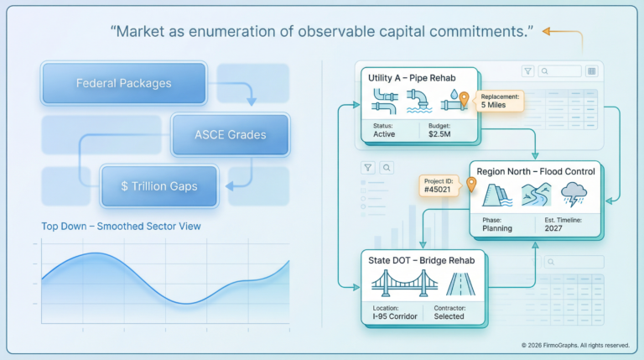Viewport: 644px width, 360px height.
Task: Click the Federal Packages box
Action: [x=123, y=83]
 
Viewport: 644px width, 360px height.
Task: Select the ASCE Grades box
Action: [x=230, y=135]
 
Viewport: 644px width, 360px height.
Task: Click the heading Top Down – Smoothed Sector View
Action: [x=122, y=226]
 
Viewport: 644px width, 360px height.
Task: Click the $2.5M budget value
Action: [x=440, y=133]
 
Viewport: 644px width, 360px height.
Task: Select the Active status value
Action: [x=385, y=133]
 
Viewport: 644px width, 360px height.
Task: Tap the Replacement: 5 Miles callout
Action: [x=501, y=101]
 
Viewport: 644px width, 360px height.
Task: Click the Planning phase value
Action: [x=497, y=227]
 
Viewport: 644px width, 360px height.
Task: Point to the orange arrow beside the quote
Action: [x=562, y=32]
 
